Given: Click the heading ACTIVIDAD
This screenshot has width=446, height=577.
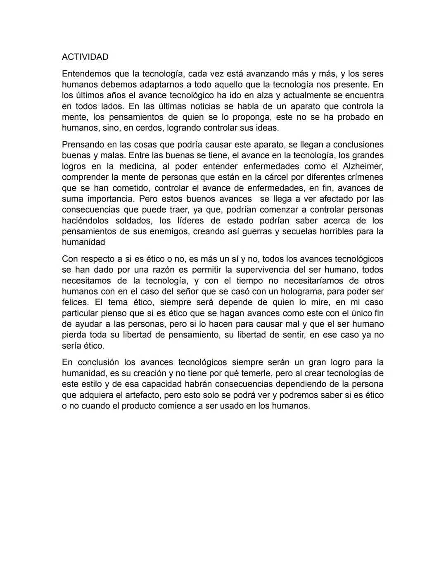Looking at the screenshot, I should [85, 57].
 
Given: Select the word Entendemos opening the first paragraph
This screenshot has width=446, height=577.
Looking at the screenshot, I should [86, 74].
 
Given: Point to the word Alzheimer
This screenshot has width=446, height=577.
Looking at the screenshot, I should [363, 166].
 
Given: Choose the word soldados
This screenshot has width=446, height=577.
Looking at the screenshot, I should [133, 221].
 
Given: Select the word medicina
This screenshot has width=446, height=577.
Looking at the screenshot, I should [138, 166].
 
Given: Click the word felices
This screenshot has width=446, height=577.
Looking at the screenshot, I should [74, 302].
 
